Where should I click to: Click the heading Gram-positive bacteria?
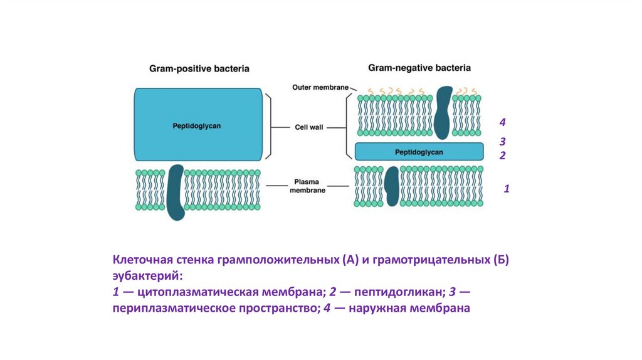199,68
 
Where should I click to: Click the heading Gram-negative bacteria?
419,67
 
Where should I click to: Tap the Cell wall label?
309,127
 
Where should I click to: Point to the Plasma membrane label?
307,186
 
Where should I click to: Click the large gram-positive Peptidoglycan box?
197,125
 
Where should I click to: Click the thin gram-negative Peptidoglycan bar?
419,152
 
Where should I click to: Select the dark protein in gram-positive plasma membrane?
176,192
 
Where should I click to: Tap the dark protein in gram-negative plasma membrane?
392,186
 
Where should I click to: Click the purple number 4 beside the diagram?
502,122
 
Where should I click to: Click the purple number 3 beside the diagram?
502,142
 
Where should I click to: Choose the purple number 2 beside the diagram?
502,155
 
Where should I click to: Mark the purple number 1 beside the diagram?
507,188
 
